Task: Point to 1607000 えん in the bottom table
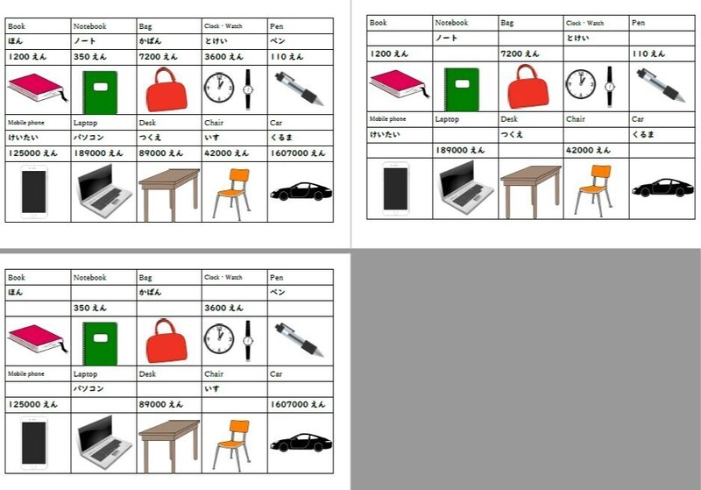point(298,404)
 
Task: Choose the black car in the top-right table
point(662,188)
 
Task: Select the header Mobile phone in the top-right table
point(387,118)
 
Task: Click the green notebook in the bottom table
point(100,341)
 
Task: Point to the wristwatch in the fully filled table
point(248,89)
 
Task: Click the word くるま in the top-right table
point(645,135)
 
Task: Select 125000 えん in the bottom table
point(32,404)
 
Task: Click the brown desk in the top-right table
point(530,187)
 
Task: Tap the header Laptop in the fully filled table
point(85,124)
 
